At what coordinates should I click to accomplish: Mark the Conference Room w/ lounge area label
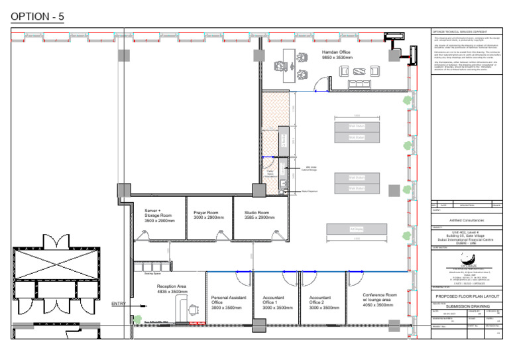pyautogui.click(x=380, y=300)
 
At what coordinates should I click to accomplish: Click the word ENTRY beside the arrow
pyautogui.click(x=119, y=304)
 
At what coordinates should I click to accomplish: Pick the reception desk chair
pyautogui.click(x=192, y=308)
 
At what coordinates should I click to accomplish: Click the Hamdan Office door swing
pyautogui.click(x=321, y=83)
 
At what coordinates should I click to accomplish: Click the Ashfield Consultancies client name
pyautogui.click(x=466, y=220)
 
